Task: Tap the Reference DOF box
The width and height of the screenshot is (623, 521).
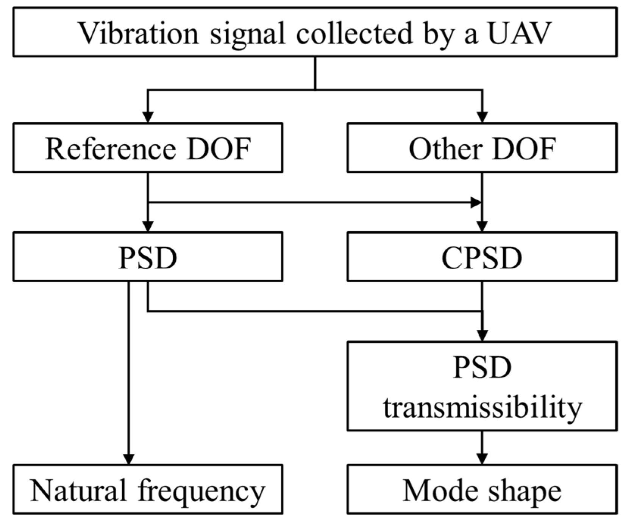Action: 148,148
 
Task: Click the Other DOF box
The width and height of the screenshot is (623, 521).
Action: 482,148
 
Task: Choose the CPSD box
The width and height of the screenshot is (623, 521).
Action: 482,257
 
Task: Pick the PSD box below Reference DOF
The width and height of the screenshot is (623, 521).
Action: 148,257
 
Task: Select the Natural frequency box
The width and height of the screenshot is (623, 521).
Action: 148,490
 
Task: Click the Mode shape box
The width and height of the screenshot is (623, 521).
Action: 482,490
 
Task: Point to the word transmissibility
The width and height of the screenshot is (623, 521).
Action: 482,408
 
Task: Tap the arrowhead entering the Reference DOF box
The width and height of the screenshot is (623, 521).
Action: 148,117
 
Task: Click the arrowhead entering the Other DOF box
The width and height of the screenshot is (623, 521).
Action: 482,117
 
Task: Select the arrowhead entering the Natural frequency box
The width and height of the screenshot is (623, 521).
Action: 129,459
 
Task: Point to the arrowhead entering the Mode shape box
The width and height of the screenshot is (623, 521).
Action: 482,459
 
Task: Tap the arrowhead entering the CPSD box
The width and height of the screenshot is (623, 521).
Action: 482,226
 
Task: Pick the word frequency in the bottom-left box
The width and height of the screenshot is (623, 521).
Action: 201,491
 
